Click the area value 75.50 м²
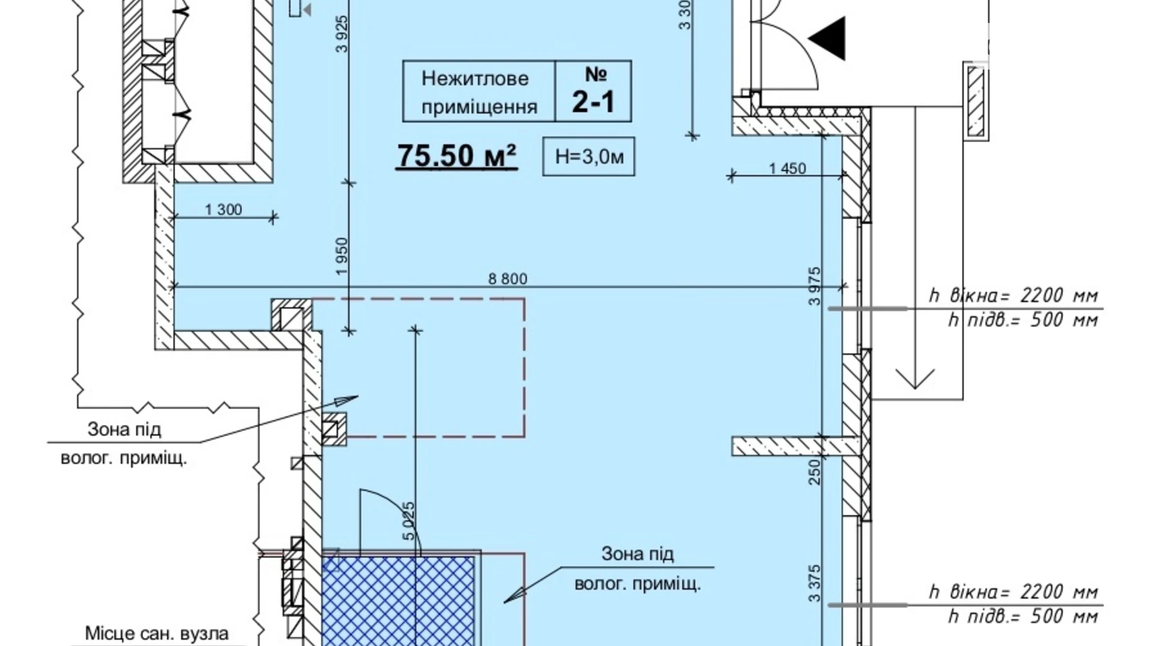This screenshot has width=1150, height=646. (x=457, y=155)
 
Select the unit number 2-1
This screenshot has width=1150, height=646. (x=593, y=101)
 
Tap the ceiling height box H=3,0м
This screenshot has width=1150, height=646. (x=589, y=157)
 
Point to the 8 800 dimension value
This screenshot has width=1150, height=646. (x=508, y=279)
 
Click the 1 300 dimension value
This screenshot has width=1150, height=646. (x=224, y=210)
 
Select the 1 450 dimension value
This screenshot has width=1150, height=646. (x=787, y=168)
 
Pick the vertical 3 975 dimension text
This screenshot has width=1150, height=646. (x=815, y=286)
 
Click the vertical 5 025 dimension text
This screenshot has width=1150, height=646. (x=408, y=521)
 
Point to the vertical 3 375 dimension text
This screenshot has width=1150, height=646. (x=815, y=583)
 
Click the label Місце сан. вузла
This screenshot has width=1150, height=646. (x=157, y=634)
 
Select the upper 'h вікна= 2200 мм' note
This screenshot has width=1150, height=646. (x=1013, y=295)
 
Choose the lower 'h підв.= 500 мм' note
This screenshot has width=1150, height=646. (x=1023, y=617)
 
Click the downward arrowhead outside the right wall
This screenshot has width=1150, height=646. (x=915, y=378)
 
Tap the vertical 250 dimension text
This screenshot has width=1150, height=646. (x=815, y=472)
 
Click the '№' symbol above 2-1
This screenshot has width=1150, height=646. (x=596, y=74)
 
